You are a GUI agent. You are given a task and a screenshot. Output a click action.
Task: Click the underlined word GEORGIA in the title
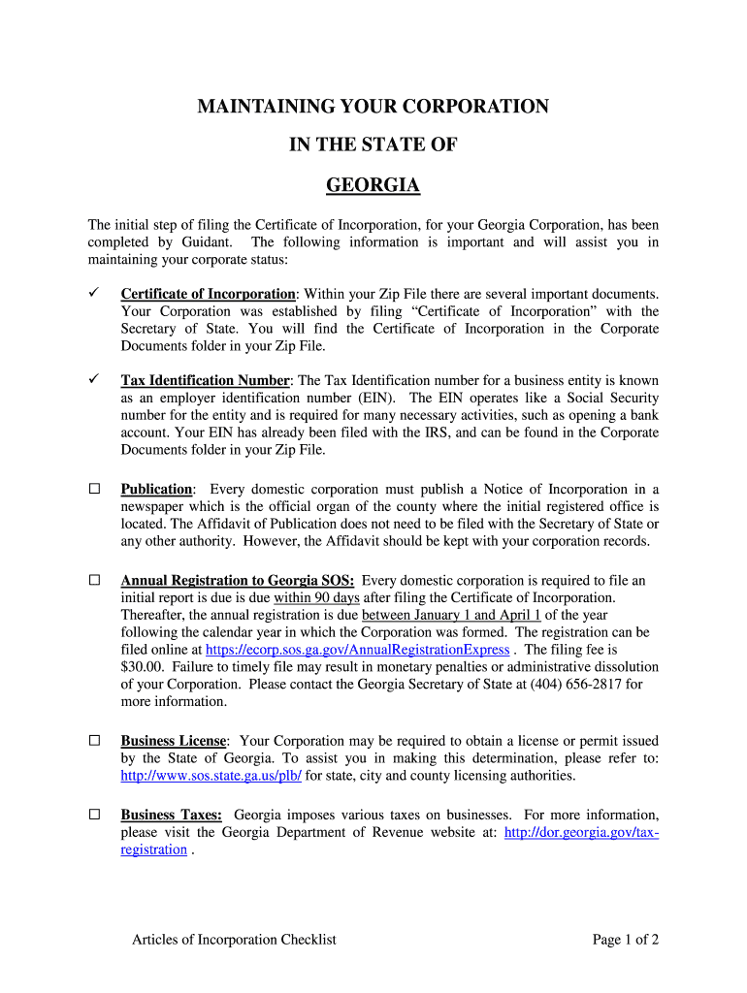[373, 185]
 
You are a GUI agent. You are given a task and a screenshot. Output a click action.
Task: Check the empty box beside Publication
[95, 489]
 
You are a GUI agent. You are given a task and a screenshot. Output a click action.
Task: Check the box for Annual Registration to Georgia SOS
[95, 580]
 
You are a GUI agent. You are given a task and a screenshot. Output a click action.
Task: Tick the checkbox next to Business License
[95, 740]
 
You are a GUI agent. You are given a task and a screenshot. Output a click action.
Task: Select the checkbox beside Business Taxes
[95, 815]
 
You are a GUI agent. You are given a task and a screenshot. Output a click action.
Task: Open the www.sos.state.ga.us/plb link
[211, 776]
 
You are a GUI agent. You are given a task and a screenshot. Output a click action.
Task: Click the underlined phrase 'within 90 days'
[316, 597]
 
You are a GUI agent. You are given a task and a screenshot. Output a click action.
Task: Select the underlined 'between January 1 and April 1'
[451, 615]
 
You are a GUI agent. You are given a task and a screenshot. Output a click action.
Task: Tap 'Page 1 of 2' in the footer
[626, 939]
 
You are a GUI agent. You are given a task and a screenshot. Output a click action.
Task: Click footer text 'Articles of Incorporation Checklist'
[234, 939]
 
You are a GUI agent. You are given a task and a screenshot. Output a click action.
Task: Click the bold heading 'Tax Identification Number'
[205, 380]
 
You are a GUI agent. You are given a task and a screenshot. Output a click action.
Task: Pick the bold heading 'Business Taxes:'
[172, 815]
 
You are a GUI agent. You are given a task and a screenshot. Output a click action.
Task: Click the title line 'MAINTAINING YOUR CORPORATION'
[373, 107]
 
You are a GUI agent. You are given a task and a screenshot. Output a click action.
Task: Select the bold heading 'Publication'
[156, 489]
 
